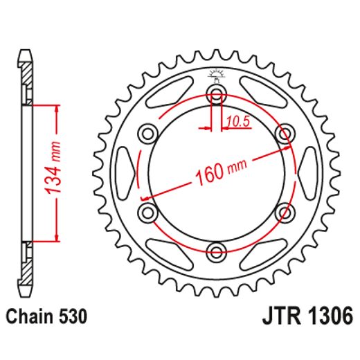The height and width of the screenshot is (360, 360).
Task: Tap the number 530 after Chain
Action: click(x=73, y=318)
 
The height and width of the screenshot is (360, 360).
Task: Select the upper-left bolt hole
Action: click(x=148, y=133)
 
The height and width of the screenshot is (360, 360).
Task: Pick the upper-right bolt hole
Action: click(x=284, y=133)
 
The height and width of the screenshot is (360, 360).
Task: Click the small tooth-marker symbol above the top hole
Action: click(x=216, y=72)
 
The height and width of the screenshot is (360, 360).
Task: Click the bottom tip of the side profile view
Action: click(x=26, y=296)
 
